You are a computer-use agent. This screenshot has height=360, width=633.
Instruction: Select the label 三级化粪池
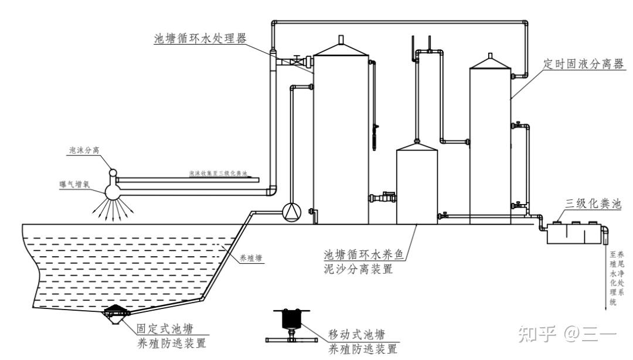coord(592,204)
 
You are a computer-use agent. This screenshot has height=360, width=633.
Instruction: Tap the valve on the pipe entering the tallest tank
coord(298,60)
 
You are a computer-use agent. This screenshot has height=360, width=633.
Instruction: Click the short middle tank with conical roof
coord(417,185)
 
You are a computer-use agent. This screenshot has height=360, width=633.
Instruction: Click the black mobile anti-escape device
coord(291,321)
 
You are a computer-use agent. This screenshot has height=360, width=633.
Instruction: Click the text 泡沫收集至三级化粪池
coord(218,174)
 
